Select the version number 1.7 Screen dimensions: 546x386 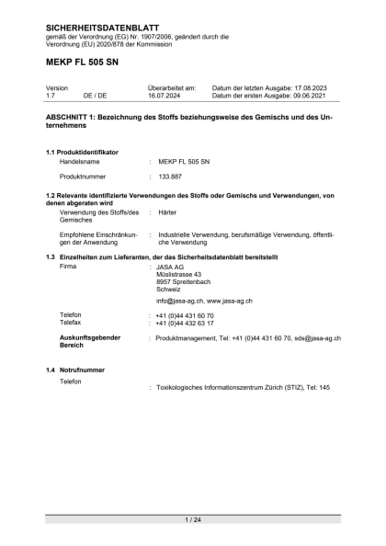tap(51, 95)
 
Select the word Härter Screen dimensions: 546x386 tap(167, 212)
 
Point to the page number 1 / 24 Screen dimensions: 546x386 tap(193, 520)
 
